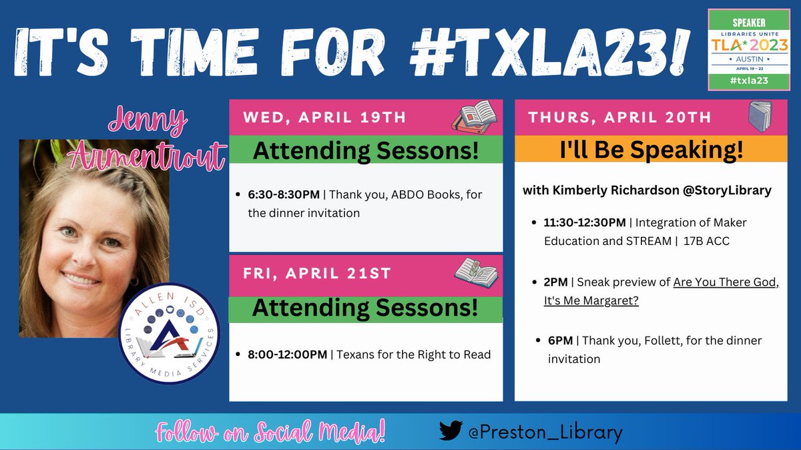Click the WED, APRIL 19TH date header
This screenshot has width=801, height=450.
[324, 118]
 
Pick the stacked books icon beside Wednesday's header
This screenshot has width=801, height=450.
[475, 115]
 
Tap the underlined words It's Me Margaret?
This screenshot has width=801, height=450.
[591, 301]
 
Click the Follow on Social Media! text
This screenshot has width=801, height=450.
[270, 433]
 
